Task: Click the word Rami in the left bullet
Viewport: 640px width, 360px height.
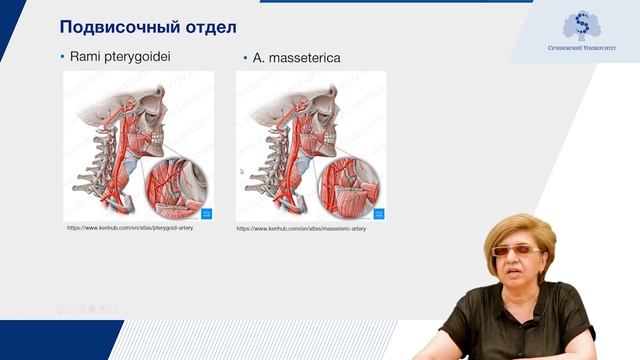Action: (85, 57)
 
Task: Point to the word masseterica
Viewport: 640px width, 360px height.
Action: (305, 58)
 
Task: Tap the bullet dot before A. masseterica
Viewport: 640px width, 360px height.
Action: (246, 58)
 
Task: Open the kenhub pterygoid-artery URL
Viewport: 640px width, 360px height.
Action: (130, 228)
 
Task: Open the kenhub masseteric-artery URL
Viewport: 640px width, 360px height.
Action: (301, 228)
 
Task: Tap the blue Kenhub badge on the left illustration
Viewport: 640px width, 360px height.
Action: (207, 213)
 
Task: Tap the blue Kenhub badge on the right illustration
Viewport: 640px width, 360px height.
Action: (379, 213)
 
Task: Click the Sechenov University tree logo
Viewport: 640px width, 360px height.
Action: (581, 24)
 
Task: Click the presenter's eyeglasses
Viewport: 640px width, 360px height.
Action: (516, 251)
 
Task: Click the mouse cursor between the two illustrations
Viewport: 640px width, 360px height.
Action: (241, 171)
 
